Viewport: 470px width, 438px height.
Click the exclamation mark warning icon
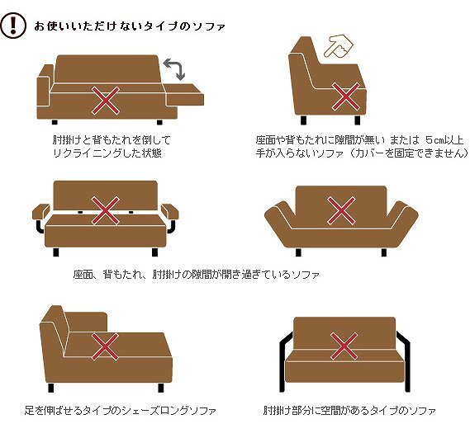coord(12,25)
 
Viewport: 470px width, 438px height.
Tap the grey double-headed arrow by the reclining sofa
coord(175,68)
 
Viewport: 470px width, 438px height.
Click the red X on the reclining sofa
coord(105,101)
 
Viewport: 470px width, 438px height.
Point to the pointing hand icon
coord(339,46)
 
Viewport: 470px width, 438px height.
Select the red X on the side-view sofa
coord(345,97)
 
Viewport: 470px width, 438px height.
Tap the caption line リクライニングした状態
coord(107,153)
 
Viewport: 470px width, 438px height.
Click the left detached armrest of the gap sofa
coord(41,211)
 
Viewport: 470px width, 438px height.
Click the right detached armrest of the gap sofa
coord(170,211)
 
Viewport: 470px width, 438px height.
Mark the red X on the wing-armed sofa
coord(341,210)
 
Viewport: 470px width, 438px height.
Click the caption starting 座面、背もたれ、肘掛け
coord(196,274)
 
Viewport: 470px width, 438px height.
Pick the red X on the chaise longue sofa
coord(105,346)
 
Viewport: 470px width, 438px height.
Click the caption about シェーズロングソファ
coord(121,410)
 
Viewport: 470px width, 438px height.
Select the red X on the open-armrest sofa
coord(344,346)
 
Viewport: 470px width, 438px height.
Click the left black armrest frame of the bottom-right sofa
coord(283,361)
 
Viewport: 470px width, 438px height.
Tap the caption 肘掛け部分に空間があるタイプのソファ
coord(349,410)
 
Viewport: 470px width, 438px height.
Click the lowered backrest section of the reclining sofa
coord(184,95)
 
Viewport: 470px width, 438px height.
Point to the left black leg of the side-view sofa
coord(304,120)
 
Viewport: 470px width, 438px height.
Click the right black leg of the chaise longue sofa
coord(161,388)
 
